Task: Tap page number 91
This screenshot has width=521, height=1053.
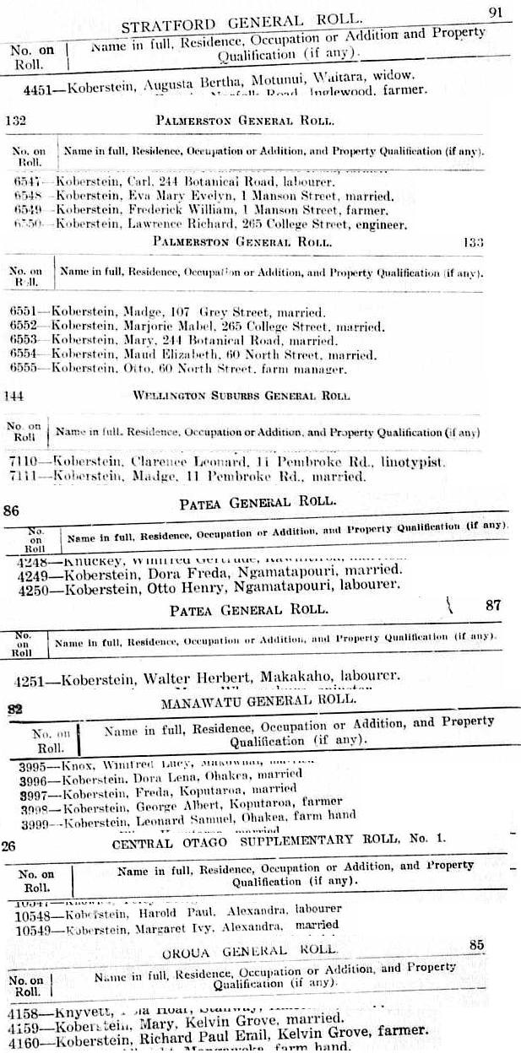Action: [x=497, y=12]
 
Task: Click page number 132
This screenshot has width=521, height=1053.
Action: [x=15, y=121]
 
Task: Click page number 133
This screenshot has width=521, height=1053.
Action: [x=473, y=242]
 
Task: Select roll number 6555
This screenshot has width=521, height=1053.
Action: [x=25, y=369]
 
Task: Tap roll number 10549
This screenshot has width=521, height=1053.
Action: [x=37, y=926]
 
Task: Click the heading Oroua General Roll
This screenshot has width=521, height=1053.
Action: [x=249, y=950]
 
